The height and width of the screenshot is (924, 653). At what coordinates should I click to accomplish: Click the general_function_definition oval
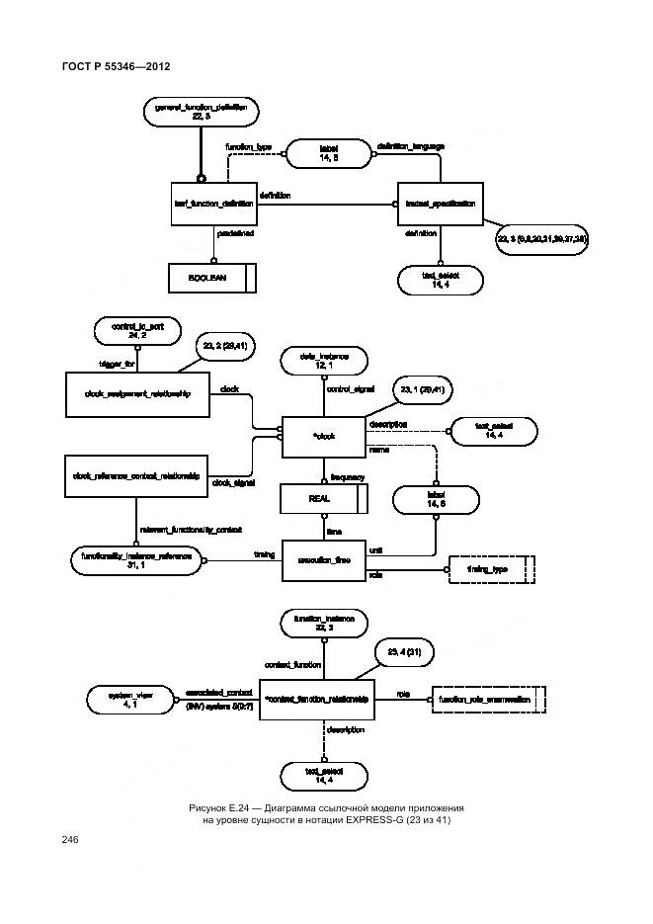coord(201,112)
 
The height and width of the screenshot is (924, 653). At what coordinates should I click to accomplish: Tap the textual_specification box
coord(440,204)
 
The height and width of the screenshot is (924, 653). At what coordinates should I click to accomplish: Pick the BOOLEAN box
coord(212,279)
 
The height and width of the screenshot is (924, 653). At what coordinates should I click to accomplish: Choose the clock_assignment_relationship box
coord(138,392)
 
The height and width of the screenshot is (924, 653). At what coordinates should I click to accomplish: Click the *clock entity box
coord(324,436)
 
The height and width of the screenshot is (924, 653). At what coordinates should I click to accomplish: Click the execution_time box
coord(324,560)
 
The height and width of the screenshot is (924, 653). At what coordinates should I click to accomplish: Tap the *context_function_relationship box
coord(317,700)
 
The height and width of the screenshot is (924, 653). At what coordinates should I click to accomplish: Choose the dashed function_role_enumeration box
coord(489,700)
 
